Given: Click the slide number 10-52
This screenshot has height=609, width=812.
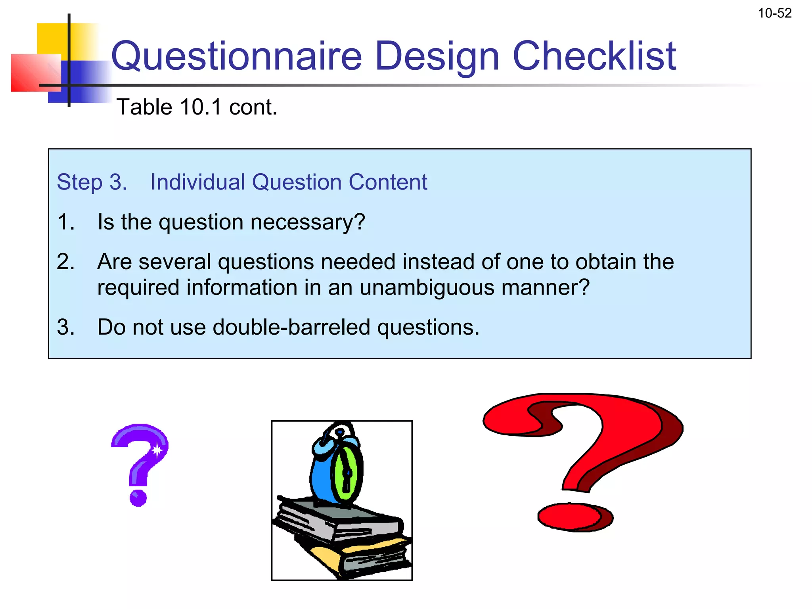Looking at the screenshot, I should (774, 13).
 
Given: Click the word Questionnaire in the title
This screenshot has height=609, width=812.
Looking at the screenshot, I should (236, 56).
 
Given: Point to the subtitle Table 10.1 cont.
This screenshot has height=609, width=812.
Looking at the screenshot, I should (197, 107).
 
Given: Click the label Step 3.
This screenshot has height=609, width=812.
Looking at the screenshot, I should (92, 182).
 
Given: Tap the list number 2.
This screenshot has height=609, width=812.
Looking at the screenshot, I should (65, 262).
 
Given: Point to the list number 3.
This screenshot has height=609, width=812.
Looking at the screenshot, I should (65, 327).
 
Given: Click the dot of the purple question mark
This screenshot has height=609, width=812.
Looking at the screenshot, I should (138, 498).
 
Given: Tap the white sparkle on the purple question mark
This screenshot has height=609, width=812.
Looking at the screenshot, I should (157, 450).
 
